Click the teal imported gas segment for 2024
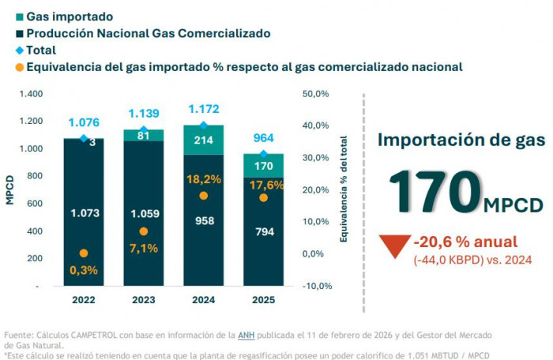[x=203, y=140]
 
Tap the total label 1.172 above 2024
[x=203, y=110]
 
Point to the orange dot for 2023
[x=143, y=231]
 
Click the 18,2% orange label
[x=203, y=179]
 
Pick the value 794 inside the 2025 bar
[x=263, y=232]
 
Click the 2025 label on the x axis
[x=263, y=300]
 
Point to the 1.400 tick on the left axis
[x=30, y=94]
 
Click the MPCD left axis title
[x=10, y=189]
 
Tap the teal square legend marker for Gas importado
[x=19, y=17]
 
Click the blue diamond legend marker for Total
[x=19, y=51]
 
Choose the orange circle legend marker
[x=19, y=67]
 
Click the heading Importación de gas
[x=461, y=141]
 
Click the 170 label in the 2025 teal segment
[x=263, y=167]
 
